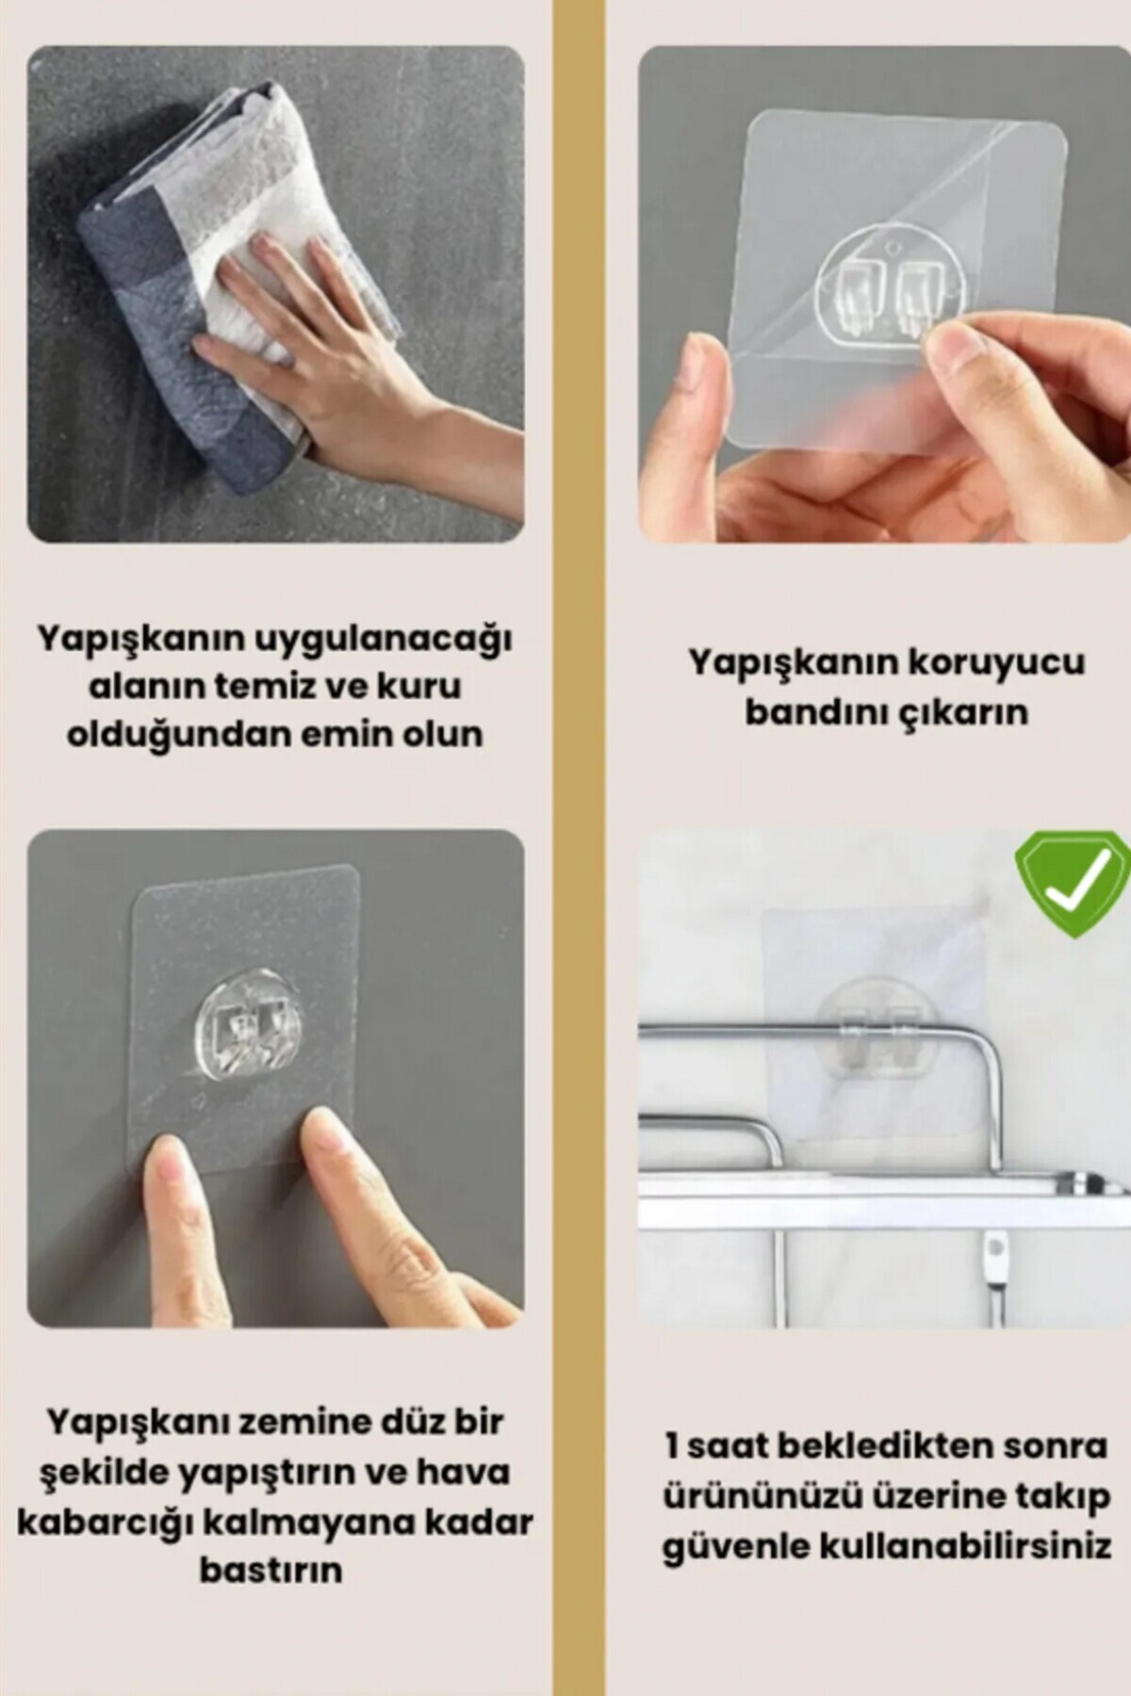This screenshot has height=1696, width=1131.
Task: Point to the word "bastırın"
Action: point(271,1570)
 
